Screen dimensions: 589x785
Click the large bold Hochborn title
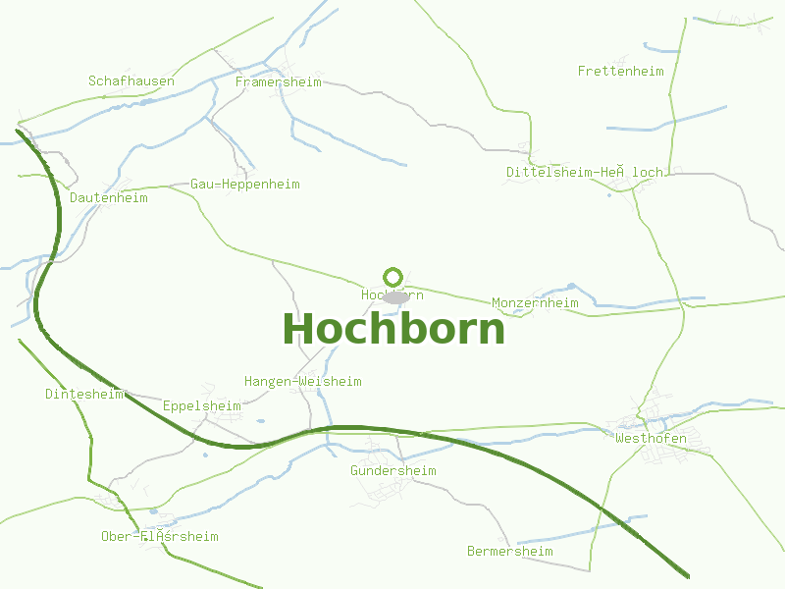click(x=393, y=329)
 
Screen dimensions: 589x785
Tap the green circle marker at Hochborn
click(x=393, y=277)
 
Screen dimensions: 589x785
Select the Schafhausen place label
click(x=131, y=81)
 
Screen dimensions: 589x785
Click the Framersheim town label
click(x=279, y=82)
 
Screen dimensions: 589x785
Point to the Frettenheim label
click(x=621, y=72)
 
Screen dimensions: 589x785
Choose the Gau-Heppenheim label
click(x=245, y=185)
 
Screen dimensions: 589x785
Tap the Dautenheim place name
click(x=109, y=198)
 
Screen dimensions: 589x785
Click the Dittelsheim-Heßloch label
click(x=585, y=173)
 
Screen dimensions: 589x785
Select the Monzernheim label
click(x=535, y=303)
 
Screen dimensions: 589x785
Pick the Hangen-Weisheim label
click(x=302, y=382)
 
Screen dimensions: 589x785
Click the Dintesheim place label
click(x=84, y=395)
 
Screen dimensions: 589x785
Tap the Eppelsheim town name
click(x=202, y=406)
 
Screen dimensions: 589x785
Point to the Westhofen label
click(x=651, y=439)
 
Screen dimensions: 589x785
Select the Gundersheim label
click(x=393, y=471)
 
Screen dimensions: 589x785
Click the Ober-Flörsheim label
click(x=160, y=537)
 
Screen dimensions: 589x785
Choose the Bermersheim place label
click(x=510, y=552)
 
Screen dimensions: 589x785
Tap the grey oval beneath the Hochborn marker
click(x=395, y=296)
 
